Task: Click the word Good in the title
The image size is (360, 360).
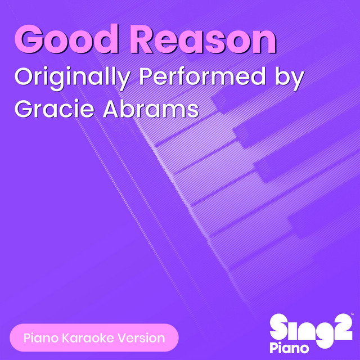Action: tap(66, 39)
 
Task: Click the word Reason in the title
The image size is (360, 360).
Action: tap(205, 39)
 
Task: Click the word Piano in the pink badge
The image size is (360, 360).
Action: tap(40, 338)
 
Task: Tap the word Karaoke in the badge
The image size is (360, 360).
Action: tap(88, 338)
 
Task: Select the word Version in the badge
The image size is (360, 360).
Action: tap(141, 338)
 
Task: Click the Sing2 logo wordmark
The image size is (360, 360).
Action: tap(310, 328)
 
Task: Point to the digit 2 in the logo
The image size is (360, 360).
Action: tap(340, 327)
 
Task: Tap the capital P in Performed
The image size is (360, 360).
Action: tap(146, 76)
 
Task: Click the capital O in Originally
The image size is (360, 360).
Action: tap(24, 76)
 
